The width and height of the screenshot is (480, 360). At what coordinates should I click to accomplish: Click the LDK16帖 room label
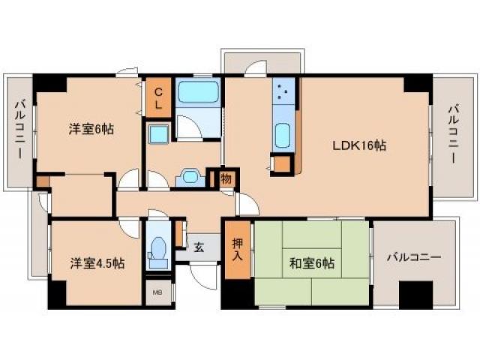(x=360, y=146)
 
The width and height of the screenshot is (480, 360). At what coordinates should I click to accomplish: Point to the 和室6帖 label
(x=312, y=263)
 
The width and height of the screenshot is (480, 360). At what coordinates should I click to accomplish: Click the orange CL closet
(x=158, y=98)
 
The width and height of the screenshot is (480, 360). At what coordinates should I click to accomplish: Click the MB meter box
(x=158, y=292)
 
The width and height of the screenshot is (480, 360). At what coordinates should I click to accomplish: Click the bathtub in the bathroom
(x=198, y=95)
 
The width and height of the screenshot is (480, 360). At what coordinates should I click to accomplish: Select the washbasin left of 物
(x=189, y=178)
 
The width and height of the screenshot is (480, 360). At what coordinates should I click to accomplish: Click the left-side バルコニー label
(x=19, y=128)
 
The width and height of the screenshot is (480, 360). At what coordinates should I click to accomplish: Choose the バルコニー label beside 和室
(x=414, y=257)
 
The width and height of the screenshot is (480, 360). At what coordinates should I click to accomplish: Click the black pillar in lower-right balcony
(x=416, y=293)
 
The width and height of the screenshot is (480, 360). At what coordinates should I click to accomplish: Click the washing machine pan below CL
(x=160, y=135)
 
